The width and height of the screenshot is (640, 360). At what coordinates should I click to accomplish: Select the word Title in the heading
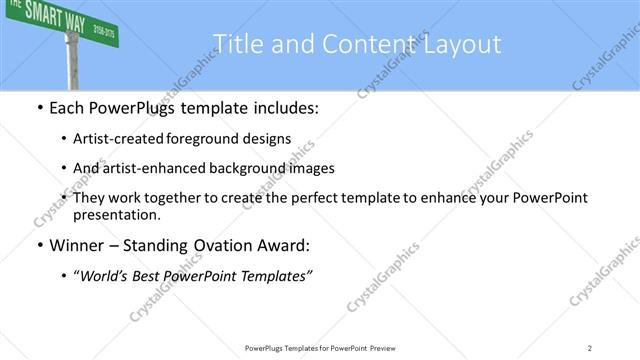[x=236, y=43]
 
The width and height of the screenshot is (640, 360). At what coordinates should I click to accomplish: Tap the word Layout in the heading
[x=462, y=43]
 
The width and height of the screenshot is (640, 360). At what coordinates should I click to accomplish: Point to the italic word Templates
[x=276, y=276]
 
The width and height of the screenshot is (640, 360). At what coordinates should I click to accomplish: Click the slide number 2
[x=590, y=347]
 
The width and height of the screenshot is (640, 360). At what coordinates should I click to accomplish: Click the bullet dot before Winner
[x=38, y=246]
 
